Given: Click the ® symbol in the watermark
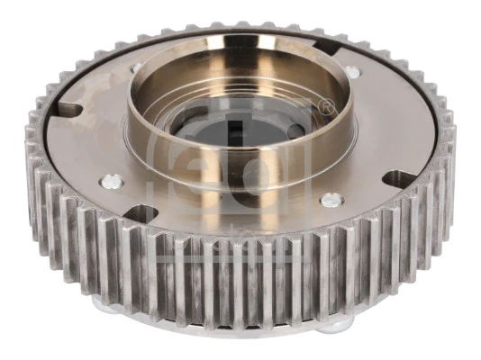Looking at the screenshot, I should pos(327,108).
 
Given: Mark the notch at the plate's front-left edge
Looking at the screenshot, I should pos(141,214).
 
